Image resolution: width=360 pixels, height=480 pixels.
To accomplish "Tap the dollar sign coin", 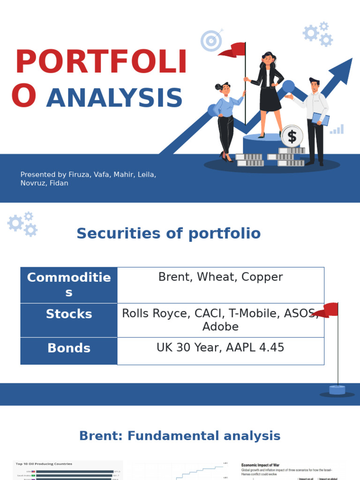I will (292, 136).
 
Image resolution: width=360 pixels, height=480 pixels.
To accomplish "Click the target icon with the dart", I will (211, 41).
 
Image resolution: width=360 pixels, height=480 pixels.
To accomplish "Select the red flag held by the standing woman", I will (233, 49).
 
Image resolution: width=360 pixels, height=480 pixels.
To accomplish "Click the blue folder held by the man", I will (320, 119).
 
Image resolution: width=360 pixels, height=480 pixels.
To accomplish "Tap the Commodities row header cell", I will (69, 285).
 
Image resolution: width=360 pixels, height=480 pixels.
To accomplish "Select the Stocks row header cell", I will (69, 314).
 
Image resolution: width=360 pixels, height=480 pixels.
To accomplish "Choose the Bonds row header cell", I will (69, 348).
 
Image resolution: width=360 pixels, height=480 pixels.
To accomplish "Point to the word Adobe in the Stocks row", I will (220, 327).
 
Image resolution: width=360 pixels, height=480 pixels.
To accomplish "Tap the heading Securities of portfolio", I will (168, 233).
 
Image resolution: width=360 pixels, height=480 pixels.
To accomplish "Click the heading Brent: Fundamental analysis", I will (180, 436).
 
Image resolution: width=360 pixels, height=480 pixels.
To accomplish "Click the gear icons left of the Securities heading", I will (23, 224).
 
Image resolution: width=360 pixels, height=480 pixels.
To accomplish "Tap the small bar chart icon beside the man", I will (337, 129).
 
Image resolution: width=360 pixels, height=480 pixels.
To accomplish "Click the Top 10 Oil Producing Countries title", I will (44, 464).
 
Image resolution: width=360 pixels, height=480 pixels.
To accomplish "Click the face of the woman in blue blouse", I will (225, 89).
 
